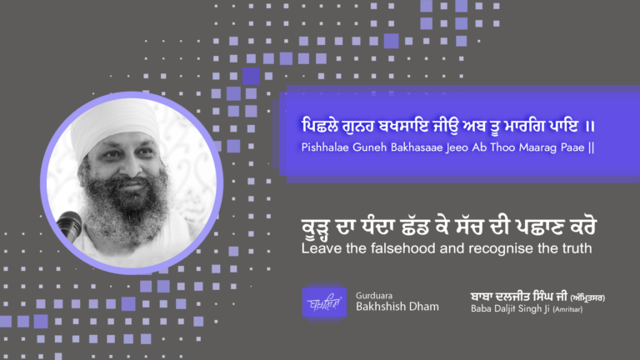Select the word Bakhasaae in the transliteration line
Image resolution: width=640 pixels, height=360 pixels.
click(x=420, y=148)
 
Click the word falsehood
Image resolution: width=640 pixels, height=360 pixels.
click(x=391, y=247)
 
